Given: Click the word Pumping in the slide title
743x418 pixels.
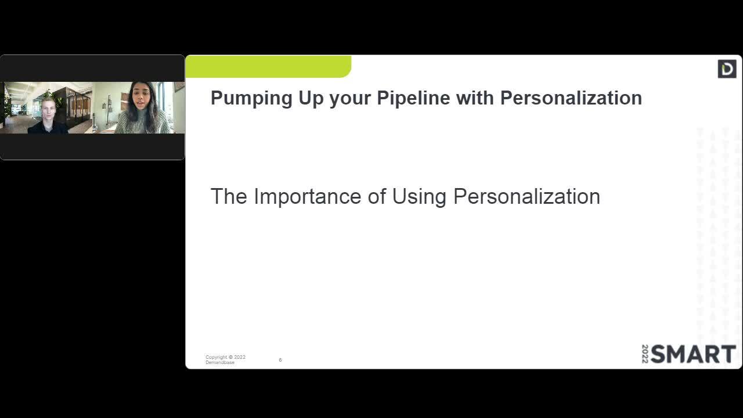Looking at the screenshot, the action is pos(251,99).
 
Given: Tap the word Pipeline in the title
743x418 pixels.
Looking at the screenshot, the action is pos(413,98).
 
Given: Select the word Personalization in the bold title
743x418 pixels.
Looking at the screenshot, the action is pos(571,98).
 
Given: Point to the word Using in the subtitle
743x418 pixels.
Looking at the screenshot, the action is pos(419,197).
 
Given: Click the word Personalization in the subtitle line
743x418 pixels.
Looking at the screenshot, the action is pos(526,196).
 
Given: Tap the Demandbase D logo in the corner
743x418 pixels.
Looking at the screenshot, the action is pos(727,69).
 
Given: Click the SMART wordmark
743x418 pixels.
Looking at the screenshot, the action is pos(693,354).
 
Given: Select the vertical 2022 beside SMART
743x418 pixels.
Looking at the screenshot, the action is pos(645,354).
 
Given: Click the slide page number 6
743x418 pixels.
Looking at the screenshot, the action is pos(280,360).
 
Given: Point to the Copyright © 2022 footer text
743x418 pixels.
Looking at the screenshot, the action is pos(226,357).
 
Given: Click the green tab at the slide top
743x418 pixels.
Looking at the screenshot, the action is pos(268,66).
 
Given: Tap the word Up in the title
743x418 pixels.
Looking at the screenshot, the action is pos(311,99).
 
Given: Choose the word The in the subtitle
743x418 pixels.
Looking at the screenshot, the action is pos(229,196).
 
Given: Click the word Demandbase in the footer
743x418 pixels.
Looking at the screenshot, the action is pos(220,363).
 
